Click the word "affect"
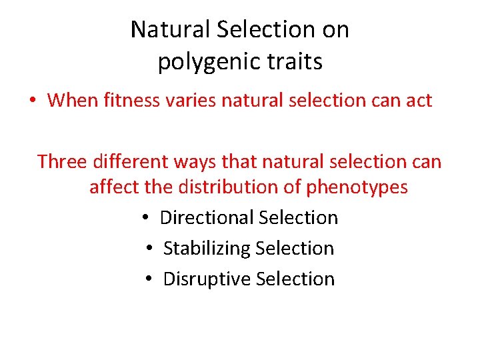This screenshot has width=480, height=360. pyautogui.click(x=114, y=187)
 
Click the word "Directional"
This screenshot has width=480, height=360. pyautogui.click(x=207, y=218)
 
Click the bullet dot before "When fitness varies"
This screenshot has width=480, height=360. pyautogui.click(x=32, y=101)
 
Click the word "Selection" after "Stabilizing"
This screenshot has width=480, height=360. pyautogui.click(x=295, y=249)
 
